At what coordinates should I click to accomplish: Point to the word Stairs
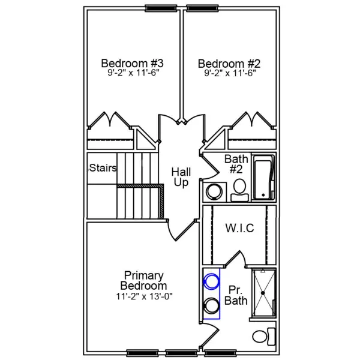coord(103,167)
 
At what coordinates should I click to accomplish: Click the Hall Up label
coord(182,176)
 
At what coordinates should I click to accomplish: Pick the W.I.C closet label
coord(239,228)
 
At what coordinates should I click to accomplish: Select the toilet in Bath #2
coord(239,187)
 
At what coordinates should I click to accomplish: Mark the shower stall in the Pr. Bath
coord(263,293)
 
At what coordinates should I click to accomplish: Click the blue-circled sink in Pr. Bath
coord(211,280)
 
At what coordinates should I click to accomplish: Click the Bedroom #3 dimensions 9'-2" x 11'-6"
coord(133,73)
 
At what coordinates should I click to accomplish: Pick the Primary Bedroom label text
coord(143,281)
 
